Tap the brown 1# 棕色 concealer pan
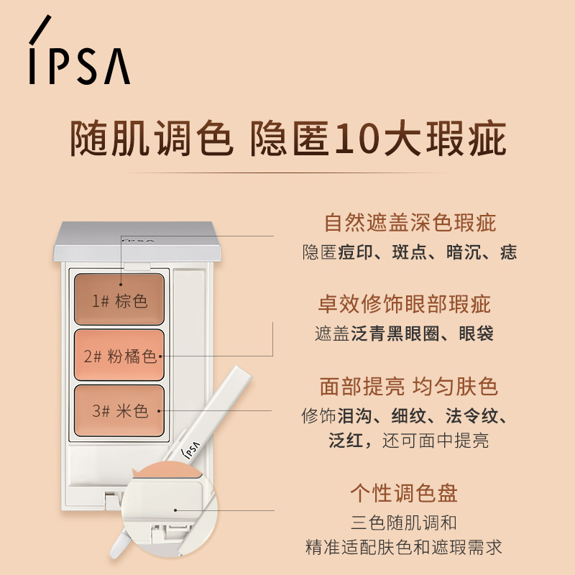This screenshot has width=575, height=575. pyautogui.click(x=120, y=299)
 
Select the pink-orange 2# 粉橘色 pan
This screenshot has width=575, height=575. pyautogui.click(x=120, y=355)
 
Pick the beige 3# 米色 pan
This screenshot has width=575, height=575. pyautogui.click(x=120, y=411)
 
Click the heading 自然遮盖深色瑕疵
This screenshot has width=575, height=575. pyautogui.click(x=410, y=222)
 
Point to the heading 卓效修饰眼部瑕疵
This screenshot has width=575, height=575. pyautogui.click(x=405, y=304)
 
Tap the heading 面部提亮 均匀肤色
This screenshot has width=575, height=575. pyautogui.click(x=408, y=387)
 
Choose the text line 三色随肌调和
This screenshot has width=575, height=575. pyautogui.click(x=403, y=523)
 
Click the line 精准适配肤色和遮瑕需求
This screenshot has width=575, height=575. pyautogui.click(x=403, y=547)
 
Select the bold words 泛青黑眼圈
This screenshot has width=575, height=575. pyautogui.click(x=389, y=334)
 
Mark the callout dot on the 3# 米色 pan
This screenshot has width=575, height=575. pyautogui.click(x=160, y=411)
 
